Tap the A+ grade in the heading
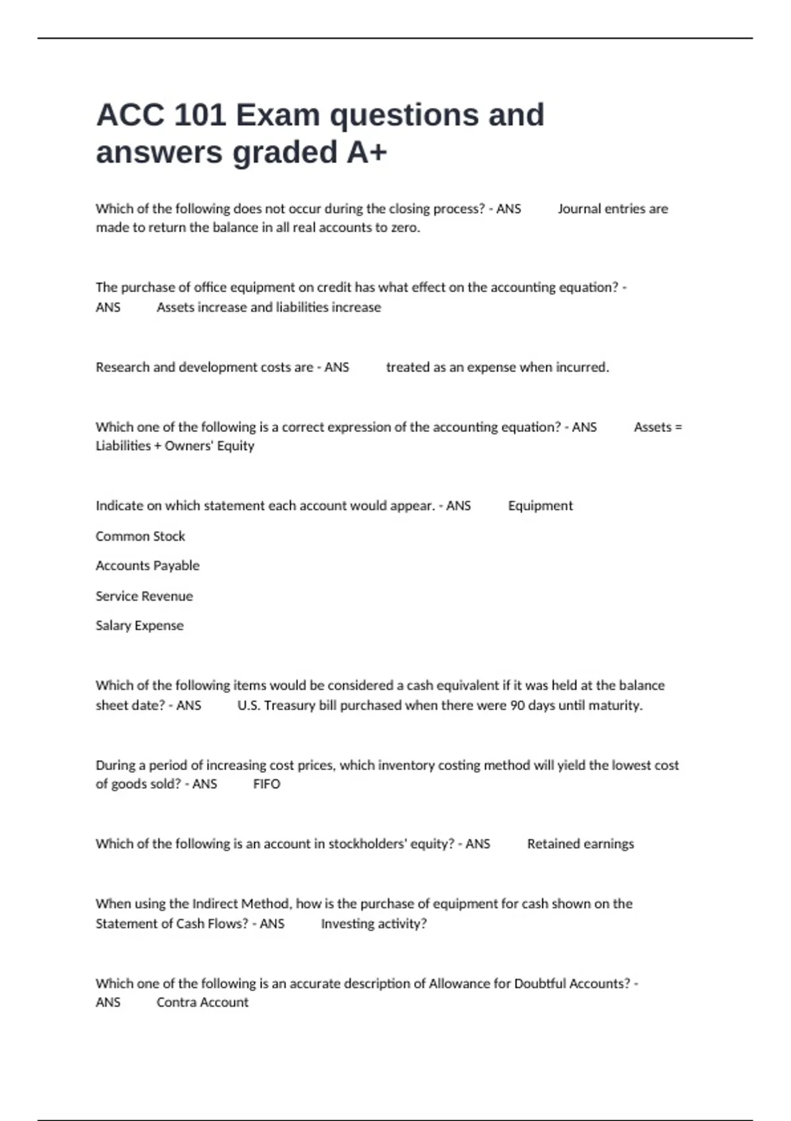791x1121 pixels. [x=367, y=153]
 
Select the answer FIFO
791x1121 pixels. [x=266, y=784]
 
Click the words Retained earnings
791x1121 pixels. [x=580, y=844]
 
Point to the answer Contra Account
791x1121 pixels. [x=202, y=1002]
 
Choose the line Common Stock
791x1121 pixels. [x=140, y=536]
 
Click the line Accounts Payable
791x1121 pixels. [x=148, y=566]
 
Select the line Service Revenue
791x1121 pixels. [x=144, y=596]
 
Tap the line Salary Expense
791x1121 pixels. [x=140, y=626]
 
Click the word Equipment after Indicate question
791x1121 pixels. [x=541, y=506]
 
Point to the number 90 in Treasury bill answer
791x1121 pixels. [x=517, y=706]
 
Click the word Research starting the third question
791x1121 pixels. [x=123, y=367]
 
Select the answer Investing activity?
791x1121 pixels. [x=374, y=924]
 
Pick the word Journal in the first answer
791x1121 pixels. [x=579, y=209]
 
